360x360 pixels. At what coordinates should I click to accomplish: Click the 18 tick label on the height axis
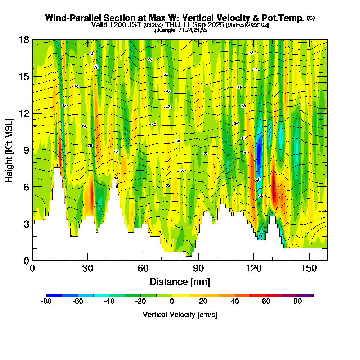[x=24, y=40]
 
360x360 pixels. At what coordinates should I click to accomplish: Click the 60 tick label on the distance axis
[x=143, y=269]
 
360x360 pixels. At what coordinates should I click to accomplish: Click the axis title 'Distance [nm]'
[x=180, y=282]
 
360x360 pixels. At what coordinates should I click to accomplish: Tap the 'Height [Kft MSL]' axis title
[x=9, y=150]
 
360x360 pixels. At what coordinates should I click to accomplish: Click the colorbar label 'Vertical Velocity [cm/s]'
[x=180, y=315]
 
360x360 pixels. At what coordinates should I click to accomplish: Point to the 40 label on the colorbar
[x=234, y=302]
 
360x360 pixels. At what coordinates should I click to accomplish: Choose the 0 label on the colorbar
[x=172, y=302]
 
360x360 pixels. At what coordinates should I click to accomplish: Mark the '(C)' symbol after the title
[x=311, y=18]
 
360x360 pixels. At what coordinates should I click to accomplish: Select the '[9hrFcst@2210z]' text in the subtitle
[x=247, y=25]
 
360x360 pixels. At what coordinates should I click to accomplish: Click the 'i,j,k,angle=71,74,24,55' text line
[x=180, y=30]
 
